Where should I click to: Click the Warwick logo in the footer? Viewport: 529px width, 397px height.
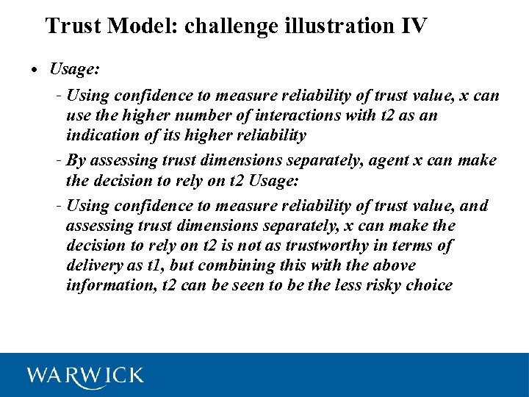tap(85, 376)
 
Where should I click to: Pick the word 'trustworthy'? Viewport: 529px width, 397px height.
tap(345, 246)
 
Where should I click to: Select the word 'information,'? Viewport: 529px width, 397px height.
tap(110, 285)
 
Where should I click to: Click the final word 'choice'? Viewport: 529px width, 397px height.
tap(429, 285)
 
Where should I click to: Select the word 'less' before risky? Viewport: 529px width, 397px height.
tap(344, 285)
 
